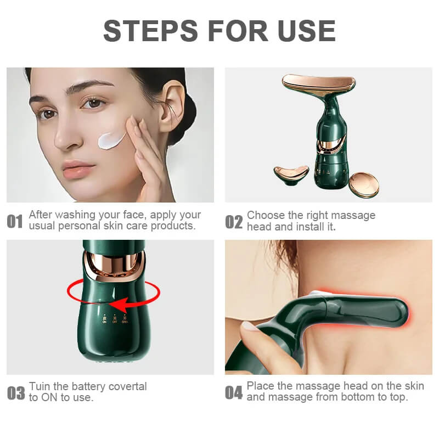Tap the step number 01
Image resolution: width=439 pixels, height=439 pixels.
coord(15,222)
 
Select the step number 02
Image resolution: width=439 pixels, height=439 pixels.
coord(234,222)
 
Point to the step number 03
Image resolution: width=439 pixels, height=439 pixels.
coord(16,393)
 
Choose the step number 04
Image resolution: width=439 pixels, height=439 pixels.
coord(234,393)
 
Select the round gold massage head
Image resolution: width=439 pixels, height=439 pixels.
coord(364,184)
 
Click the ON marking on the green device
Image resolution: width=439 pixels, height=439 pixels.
coord(103,320)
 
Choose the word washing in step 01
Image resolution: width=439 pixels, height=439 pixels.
coord(76,215)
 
